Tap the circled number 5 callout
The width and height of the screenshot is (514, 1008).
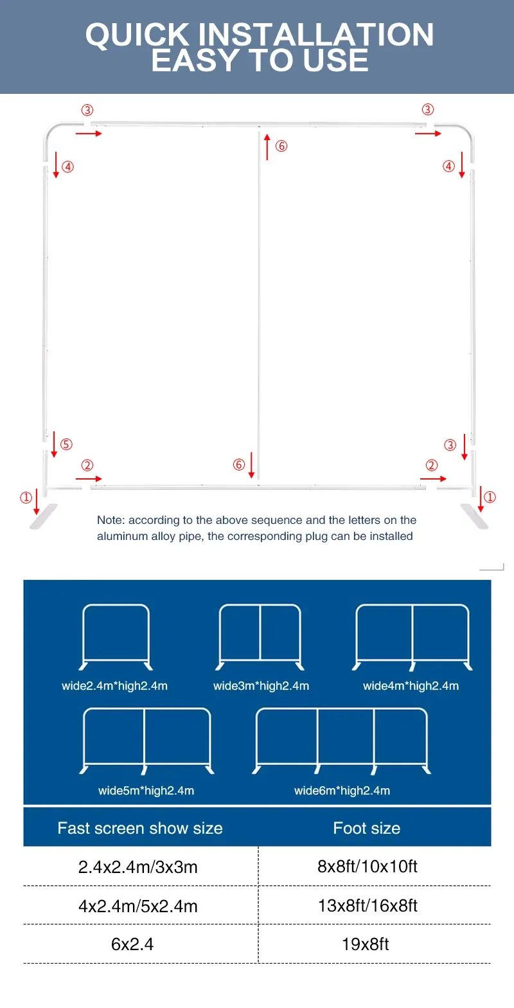click(x=67, y=444)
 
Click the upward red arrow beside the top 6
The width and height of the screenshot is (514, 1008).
click(x=267, y=147)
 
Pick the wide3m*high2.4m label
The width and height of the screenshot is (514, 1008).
click(x=261, y=686)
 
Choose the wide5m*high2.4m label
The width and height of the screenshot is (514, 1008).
click(x=146, y=790)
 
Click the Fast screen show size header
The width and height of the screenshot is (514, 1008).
click(x=140, y=828)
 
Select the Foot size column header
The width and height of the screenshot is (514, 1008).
click(x=366, y=828)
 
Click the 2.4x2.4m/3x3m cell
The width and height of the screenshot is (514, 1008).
click(x=138, y=867)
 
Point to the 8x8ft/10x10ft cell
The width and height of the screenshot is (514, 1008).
click(x=368, y=867)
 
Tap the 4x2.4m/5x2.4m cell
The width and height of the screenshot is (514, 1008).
click(x=138, y=906)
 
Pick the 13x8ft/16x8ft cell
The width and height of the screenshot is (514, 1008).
click(x=368, y=905)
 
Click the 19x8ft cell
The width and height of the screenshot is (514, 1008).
click(x=365, y=944)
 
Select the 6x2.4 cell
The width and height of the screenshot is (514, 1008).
click(x=132, y=944)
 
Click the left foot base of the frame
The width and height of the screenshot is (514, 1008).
click(x=43, y=516)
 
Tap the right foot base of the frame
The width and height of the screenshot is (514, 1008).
click(x=474, y=516)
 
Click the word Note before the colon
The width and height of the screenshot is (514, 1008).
click(x=110, y=520)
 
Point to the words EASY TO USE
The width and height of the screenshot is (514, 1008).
click(x=260, y=60)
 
